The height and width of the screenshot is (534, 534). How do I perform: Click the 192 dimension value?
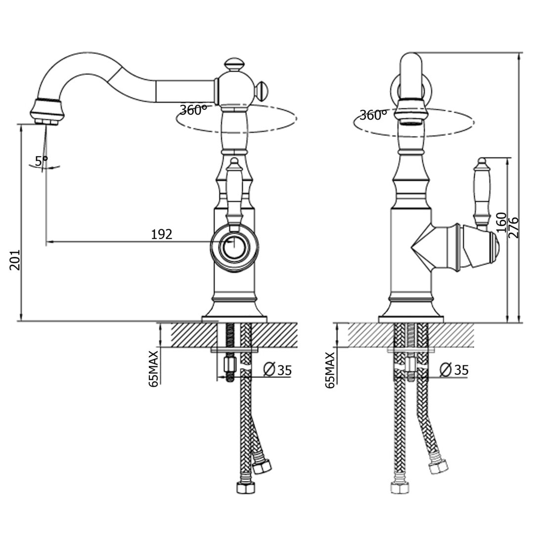161,234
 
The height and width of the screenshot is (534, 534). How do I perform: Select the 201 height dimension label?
15,260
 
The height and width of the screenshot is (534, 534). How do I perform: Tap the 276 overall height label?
514,227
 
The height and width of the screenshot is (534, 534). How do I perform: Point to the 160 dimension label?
501,222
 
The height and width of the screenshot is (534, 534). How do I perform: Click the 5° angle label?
41,160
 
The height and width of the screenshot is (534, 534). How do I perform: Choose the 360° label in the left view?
193,110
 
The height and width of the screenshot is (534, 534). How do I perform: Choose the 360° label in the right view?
373,115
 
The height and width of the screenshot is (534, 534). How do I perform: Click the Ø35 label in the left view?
278,370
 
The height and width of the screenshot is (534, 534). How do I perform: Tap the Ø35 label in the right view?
454,370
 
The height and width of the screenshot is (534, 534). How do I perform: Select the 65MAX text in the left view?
154,368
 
